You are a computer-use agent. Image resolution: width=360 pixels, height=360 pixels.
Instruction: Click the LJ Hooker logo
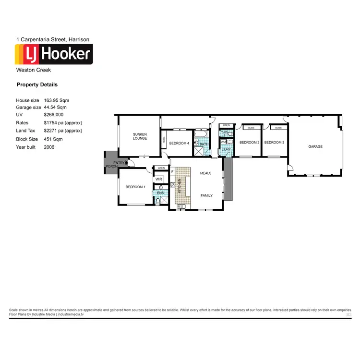(54, 54)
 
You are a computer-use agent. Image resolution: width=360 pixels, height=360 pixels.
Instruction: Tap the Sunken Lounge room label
(140, 136)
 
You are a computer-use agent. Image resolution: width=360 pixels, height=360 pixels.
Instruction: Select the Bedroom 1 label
(135, 187)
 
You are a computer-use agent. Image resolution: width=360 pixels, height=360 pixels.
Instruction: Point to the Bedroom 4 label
(179, 143)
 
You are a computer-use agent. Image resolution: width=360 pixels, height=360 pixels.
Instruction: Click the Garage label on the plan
(315, 146)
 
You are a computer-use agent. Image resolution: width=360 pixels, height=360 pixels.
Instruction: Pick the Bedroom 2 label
(249, 143)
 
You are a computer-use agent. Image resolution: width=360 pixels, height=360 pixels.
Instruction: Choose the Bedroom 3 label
(274, 143)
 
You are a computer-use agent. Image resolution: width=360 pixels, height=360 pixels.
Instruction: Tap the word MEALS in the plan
(206, 173)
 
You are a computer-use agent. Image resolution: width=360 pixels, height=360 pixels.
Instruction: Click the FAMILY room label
(206, 195)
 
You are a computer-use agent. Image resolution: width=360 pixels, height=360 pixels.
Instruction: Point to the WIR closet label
(159, 179)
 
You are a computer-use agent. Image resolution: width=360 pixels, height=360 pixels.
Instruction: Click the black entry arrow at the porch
(126, 163)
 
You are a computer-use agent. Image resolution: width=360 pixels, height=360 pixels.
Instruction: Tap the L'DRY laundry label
(226, 149)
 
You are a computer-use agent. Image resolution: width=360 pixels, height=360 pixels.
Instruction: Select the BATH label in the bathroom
(204, 144)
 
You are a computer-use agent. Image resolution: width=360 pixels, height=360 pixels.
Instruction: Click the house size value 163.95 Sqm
(57, 100)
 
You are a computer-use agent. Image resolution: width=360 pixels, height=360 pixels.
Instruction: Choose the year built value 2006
(49, 147)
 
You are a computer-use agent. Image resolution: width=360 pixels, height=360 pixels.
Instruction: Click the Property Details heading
(37, 84)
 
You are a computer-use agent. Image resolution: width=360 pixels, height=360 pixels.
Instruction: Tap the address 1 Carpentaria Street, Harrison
(53, 39)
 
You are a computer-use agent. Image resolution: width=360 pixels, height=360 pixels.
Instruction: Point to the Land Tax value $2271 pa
(62, 131)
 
